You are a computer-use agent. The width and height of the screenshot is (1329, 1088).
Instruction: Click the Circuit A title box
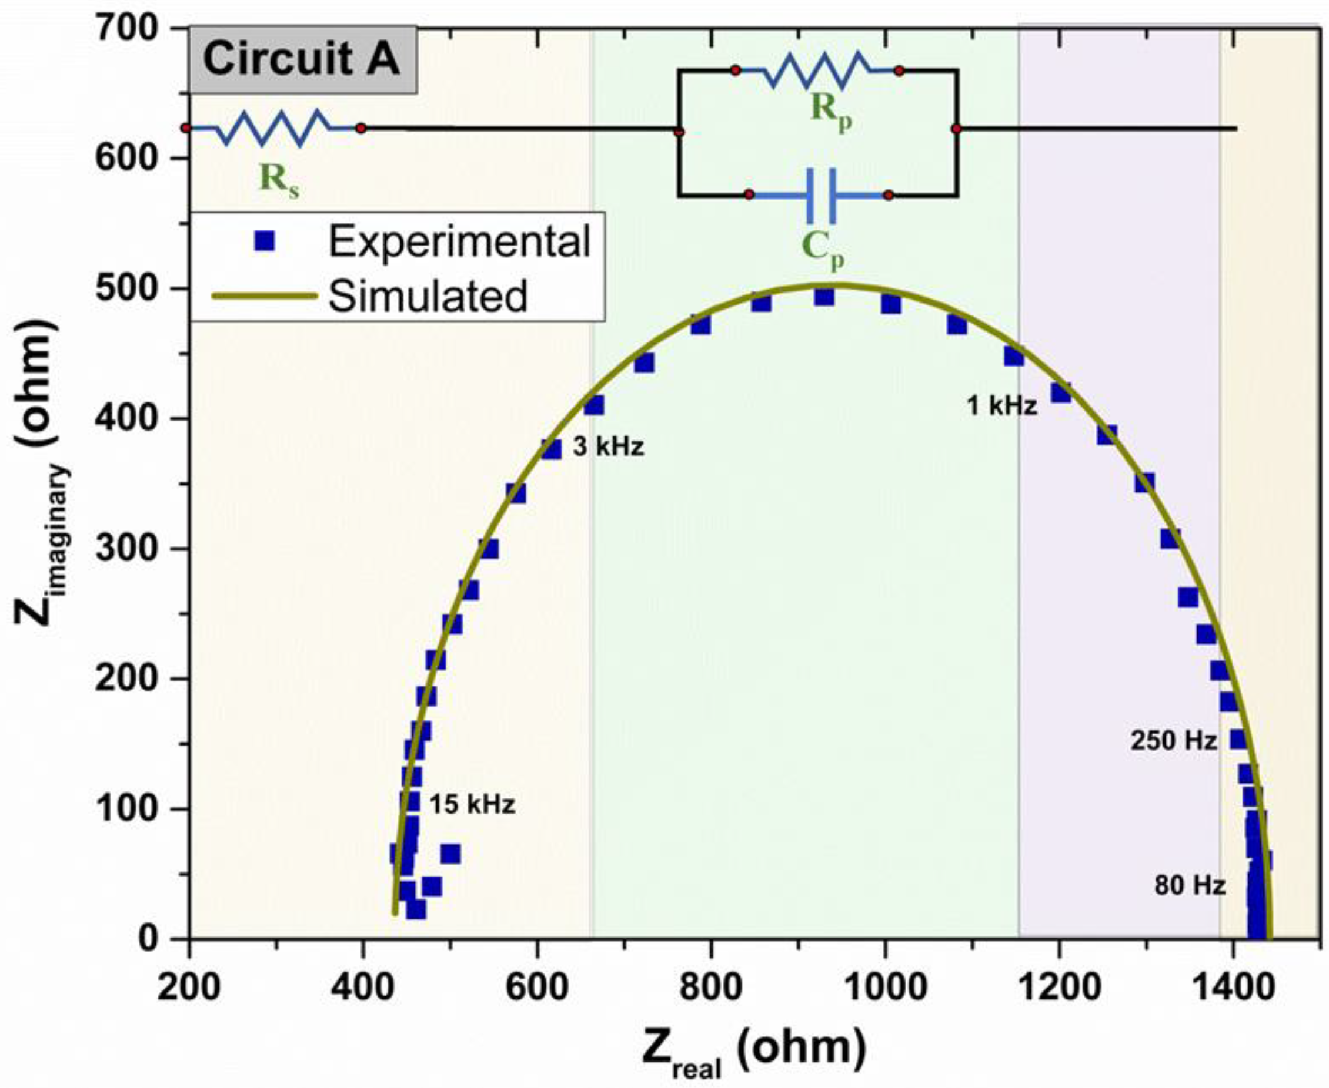[302, 59]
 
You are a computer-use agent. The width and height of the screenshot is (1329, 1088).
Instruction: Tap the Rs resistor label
[280, 181]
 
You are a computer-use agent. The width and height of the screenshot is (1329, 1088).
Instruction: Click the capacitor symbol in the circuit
[820, 195]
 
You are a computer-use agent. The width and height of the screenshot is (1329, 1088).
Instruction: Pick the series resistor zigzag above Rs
[273, 129]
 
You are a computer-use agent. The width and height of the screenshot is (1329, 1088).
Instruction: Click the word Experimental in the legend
[459, 241]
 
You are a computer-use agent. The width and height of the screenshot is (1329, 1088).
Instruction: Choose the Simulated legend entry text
[428, 297]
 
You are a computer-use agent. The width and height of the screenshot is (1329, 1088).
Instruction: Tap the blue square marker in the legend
[266, 241]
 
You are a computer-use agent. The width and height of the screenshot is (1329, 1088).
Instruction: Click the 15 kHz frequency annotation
[472, 805]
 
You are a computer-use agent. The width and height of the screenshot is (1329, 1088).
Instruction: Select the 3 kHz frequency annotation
[607, 448]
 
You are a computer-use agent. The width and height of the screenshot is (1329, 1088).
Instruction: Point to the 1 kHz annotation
[1001, 407]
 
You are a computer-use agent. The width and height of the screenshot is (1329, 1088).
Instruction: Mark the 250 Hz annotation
[1173, 741]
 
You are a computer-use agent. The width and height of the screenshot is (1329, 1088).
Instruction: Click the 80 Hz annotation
[1190, 886]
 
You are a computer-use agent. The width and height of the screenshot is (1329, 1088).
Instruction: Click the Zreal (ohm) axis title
[753, 1048]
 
